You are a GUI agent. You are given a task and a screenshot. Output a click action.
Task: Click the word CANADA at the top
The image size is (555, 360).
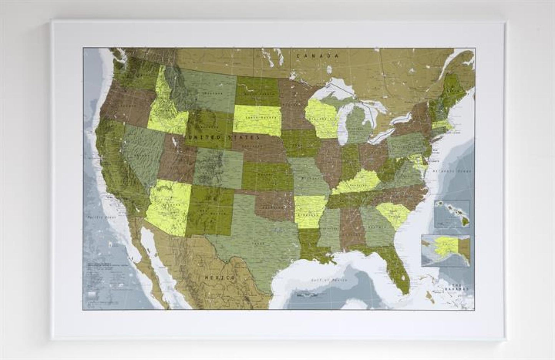coord(319,56)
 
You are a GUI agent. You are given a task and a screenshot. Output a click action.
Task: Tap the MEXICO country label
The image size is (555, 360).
coord(220,277)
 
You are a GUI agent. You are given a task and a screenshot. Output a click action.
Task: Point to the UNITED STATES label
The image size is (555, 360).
coord(223,137)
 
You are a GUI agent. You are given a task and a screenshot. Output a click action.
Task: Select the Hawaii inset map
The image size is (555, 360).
coord(451,214)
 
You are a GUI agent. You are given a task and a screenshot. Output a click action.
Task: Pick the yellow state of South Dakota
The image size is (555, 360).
coord(257,119)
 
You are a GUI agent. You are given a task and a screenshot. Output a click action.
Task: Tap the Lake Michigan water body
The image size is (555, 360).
coord(341,123)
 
